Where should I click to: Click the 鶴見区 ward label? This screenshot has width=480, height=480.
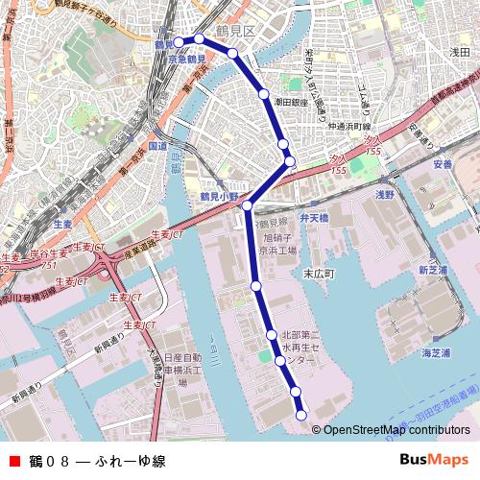(x=234, y=31)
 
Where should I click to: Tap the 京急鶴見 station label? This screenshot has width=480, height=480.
(x=186, y=59)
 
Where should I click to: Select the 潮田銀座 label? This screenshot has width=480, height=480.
(x=291, y=101)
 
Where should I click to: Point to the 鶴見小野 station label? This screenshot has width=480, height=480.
(x=219, y=196)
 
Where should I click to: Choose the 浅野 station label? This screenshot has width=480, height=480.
(x=384, y=194)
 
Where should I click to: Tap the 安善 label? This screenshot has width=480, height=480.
(x=442, y=164)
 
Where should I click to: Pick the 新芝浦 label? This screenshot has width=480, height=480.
(x=433, y=271)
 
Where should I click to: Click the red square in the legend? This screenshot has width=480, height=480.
(x=14, y=461)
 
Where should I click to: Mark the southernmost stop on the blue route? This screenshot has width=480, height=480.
(x=301, y=415)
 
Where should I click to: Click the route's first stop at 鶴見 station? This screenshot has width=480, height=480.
(x=179, y=42)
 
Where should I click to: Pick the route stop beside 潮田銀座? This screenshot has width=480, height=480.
(x=263, y=94)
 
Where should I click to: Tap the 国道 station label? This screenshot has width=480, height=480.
(x=157, y=146)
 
